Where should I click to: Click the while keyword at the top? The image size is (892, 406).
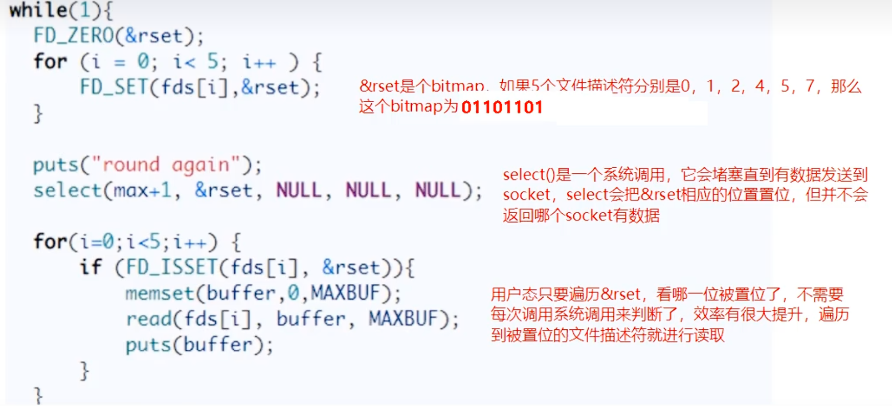tap(38, 10)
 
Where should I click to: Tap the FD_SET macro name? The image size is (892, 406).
tap(114, 87)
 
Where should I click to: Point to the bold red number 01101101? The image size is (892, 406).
tap(502, 107)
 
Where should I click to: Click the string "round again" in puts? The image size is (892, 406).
tap(167, 165)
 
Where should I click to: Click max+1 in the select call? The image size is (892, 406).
tap(142, 191)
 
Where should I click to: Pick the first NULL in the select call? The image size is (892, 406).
tap(299, 191)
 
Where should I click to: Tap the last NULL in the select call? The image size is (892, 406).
tap(438, 191)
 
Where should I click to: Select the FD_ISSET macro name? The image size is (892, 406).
tap(172, 267)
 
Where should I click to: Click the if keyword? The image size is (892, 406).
tap(91, 267)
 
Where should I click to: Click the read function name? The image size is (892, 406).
tap(149, 319)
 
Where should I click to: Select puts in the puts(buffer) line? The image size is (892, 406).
tap(148, 345)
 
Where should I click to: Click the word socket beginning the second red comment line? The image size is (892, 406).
tap(526, 195)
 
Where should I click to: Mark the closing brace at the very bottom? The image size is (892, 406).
tap(38, 395)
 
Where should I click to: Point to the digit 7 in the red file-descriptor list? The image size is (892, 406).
tap(810, 86)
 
